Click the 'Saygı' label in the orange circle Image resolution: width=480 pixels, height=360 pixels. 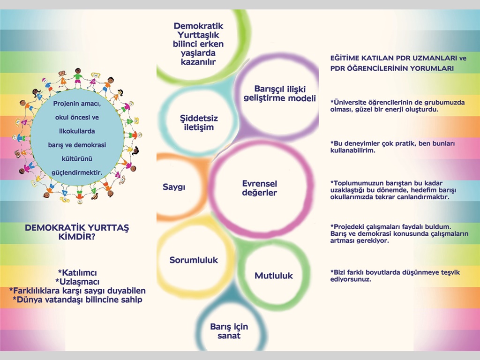[x=174, y=187]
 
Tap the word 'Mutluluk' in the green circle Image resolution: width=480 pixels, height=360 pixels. [x=274, y=276]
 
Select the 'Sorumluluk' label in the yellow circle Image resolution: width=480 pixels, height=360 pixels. [x=194, y=260]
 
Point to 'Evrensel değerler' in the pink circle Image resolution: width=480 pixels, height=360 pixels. [x=260, y=188]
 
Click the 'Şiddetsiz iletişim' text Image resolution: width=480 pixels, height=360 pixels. [x=199, y=123]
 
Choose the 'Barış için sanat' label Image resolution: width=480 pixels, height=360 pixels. [x=229, y=331]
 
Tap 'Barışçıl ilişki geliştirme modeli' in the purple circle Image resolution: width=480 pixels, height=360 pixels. [x=279, y=93]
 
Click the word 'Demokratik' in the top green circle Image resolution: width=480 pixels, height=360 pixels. [x=198, y=26]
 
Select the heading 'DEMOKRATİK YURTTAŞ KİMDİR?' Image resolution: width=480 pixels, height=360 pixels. [x=77, y=232]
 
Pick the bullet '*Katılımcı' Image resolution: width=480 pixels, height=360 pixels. [x=77, y=272]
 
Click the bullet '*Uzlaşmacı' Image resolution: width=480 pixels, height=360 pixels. [x=77, y=282]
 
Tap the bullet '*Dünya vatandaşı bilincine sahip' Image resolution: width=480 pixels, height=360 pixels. [x=77, y=300]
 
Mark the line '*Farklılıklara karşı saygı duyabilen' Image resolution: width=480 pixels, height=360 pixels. [x=77, y=291]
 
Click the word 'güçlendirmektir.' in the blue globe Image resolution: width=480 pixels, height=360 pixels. [x=77, y=172]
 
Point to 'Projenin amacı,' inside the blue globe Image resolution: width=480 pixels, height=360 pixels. [x=77, y=104]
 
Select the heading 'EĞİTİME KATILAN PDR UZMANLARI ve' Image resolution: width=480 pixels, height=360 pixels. [x=398, y=58]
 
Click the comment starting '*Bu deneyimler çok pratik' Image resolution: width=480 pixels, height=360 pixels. [x=392, y=147]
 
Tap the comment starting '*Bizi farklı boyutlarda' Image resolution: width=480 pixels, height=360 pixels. [x=395, y=276]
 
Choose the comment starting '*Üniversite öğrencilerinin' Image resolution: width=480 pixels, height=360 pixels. [x=397, y=105]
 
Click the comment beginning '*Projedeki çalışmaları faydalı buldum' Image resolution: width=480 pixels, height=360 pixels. [x=399, y=233]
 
